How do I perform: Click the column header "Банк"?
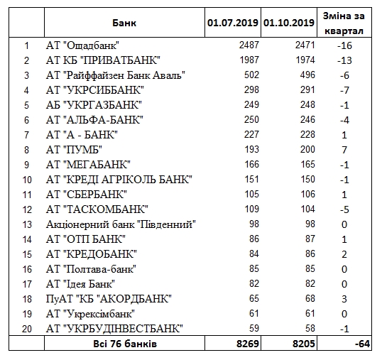pyautogui.click(x=124, y=23)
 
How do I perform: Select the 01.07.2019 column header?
pyautogui.click(x=234, y=23)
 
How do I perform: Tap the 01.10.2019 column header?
pyautogui.click(x=288, y=23)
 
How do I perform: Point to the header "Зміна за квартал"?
pyautogui.click(x=344, y=23)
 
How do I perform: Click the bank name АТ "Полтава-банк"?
pyautogui.click(x=90, y=269)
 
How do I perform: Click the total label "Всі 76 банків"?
pyautogui.click(x=124, y=344)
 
